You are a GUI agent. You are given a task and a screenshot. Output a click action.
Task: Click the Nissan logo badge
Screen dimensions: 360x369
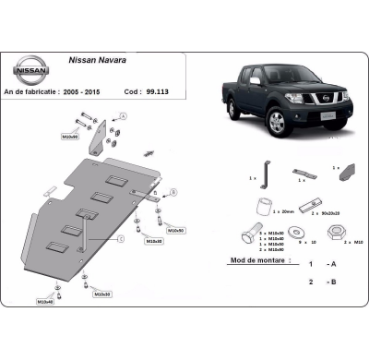coord(30,68)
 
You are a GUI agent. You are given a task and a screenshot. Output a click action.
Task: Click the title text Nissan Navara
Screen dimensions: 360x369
coord(100,61)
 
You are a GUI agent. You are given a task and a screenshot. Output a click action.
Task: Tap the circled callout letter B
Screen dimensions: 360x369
coord(173,193)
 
